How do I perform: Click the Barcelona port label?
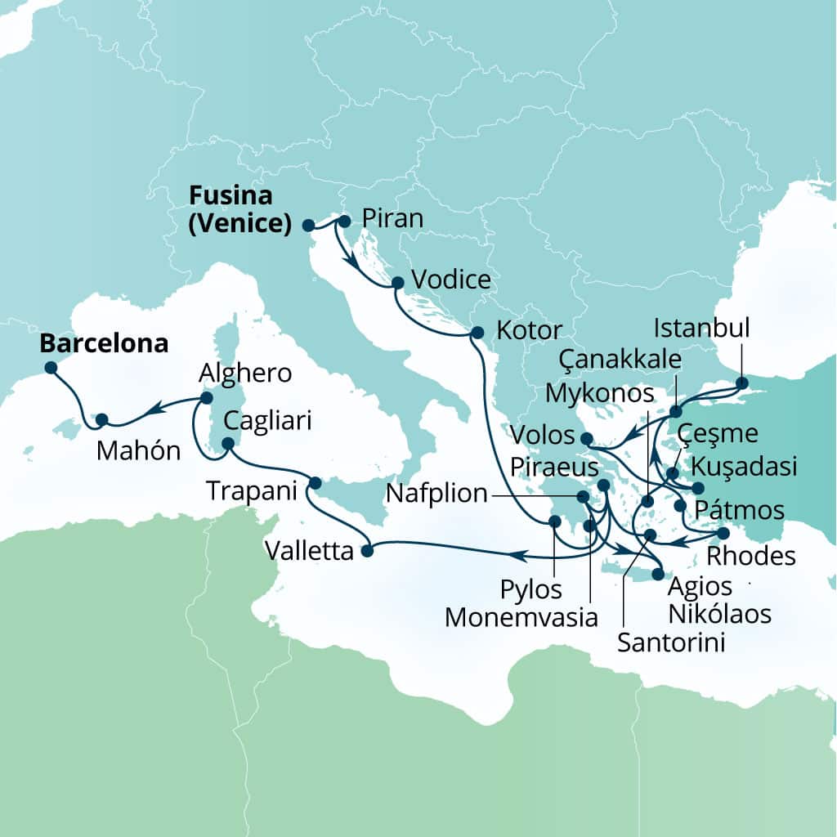coord(105,343)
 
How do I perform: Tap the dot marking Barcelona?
coord(51,368)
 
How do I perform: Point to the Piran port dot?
coord(344,221)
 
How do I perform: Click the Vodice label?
coord(452,280)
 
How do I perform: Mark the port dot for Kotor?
coord(477,333)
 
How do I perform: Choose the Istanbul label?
coord(702,329)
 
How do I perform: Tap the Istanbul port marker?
coord(741,383)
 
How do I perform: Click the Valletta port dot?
coord(367,551)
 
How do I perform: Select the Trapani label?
coord(252,490)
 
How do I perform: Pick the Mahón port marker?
coord(101,419)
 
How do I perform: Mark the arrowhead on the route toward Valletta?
coord(517,556)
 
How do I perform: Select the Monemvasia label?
coord(521,617)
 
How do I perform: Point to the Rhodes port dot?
coord(723,533)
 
